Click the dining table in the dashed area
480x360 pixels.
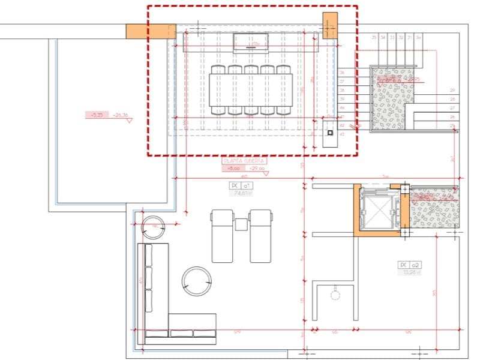coord(251,91)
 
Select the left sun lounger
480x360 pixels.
coord(222,236)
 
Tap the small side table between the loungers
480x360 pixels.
coord(241,224)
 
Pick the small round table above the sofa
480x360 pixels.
coord(155,227)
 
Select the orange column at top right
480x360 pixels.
coord(330,25)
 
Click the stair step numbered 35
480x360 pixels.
coord(374,38)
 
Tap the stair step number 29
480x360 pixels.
coord(452,90)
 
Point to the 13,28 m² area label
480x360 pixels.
coord(410,272)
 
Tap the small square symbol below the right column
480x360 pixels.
coord(329,132)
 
